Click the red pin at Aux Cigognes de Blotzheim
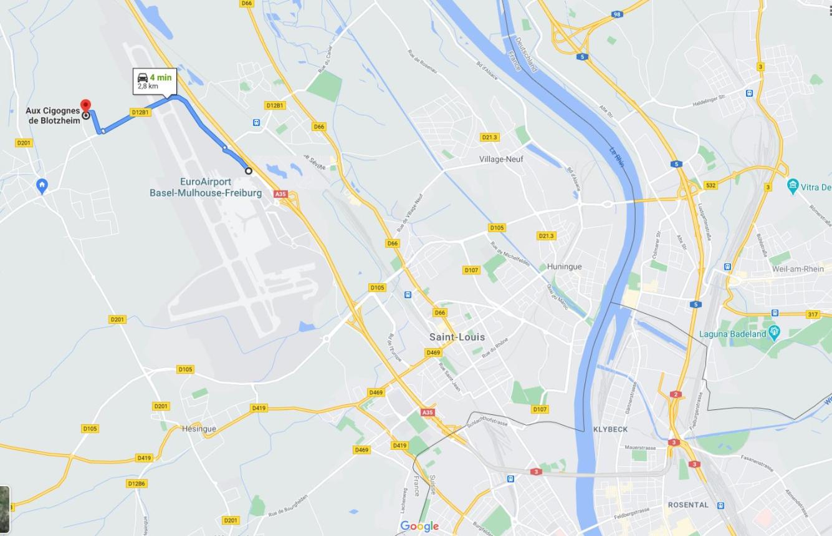click(85, 105)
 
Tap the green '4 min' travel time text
click(160, 77)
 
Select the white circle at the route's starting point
click(249, 171)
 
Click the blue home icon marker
click(42, 185)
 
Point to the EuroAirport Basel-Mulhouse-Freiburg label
click(206, 187)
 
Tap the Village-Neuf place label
click(501, 159)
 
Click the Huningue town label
click(564, 266)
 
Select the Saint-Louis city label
click(457, 337)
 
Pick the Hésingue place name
click(199, 429)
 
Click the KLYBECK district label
click(610, 429)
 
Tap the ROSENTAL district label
click(688, 505)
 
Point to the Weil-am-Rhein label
click(798, 269)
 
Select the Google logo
click(419, 526)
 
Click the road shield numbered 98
click(616, 14)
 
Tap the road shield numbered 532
click(710, 185)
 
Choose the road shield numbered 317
click(813, 314)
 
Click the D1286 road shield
click(136, 484)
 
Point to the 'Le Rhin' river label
click(616, 157)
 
